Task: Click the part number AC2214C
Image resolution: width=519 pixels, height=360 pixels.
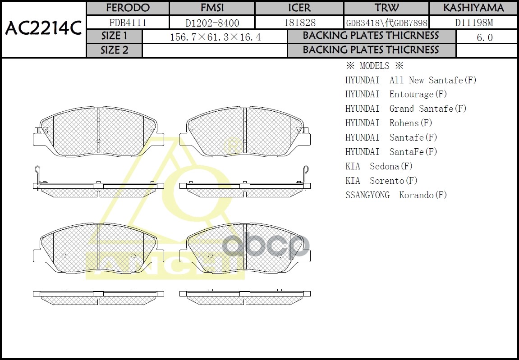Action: tap(43, 29)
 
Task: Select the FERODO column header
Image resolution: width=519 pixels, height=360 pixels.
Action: tap(128, 8)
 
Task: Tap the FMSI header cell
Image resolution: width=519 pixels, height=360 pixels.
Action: tap(212, 8)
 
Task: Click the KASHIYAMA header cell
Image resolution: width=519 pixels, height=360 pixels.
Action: tap(473, 8)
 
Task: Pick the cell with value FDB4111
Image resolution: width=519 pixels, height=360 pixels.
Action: tap(128, 23)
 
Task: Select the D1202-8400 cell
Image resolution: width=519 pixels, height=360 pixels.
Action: tap(212, 23)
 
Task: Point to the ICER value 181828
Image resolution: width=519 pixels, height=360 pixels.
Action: tap(299, 23)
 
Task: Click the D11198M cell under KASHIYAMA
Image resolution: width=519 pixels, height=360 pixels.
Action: tap(473, 23)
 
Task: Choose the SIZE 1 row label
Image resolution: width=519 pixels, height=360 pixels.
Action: tap(114, 36)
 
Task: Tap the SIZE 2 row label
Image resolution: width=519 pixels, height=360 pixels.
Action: tap(114, 50)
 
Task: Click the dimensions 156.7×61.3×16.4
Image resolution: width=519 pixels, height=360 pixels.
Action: tap(215, 37)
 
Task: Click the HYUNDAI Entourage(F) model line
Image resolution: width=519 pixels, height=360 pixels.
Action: tap(396, 94)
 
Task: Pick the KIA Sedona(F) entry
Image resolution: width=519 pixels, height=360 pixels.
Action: tap(379, 166)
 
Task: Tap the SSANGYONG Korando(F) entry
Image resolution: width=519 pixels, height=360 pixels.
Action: tap(396, 195)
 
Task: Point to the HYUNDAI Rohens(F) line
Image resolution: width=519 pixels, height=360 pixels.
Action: tap(389, 123)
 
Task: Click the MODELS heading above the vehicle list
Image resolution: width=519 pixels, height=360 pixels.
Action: tap(374, 66)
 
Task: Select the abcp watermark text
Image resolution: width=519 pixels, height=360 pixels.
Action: tap(266, 246)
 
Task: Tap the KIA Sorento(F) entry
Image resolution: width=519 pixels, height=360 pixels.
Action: tap(381, 181)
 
